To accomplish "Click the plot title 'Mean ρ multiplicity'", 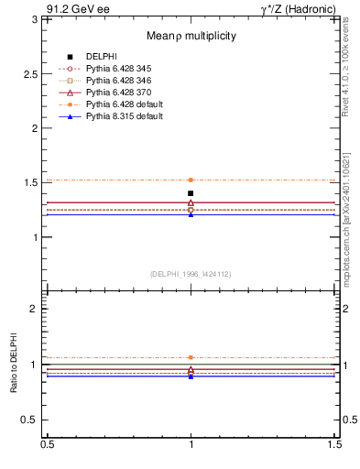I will pyautogui.click(x=191, y=36).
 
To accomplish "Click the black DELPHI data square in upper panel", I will pyautogui.click(x=191, y=193).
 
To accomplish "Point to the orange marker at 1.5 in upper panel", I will pyautogui.click(x=191, y=180).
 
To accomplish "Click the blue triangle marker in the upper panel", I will pyautogui.click(x=191, y=214).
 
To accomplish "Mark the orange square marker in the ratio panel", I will pyautogui.click(x=191, y=357).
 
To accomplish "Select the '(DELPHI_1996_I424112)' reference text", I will pyautogui.click(x=191, y=273).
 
